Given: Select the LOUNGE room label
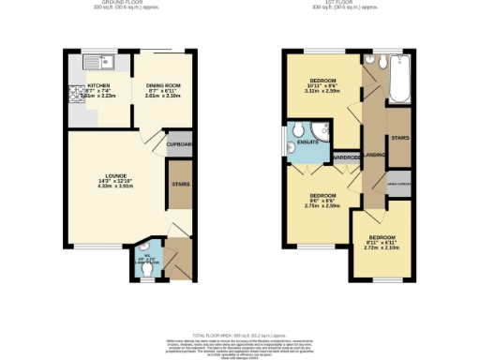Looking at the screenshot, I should pos(116,176).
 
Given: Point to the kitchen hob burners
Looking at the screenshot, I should pos(74,94).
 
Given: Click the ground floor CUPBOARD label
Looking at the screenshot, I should pos(179,144).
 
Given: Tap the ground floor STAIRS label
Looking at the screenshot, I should pos(180,185).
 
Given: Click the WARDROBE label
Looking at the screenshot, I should pos(347,157).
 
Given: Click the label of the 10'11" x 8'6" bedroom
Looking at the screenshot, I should pos(323,81).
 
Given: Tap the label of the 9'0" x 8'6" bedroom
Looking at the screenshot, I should pos(322,196).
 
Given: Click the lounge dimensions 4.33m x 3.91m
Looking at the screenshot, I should pos(116,187).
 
